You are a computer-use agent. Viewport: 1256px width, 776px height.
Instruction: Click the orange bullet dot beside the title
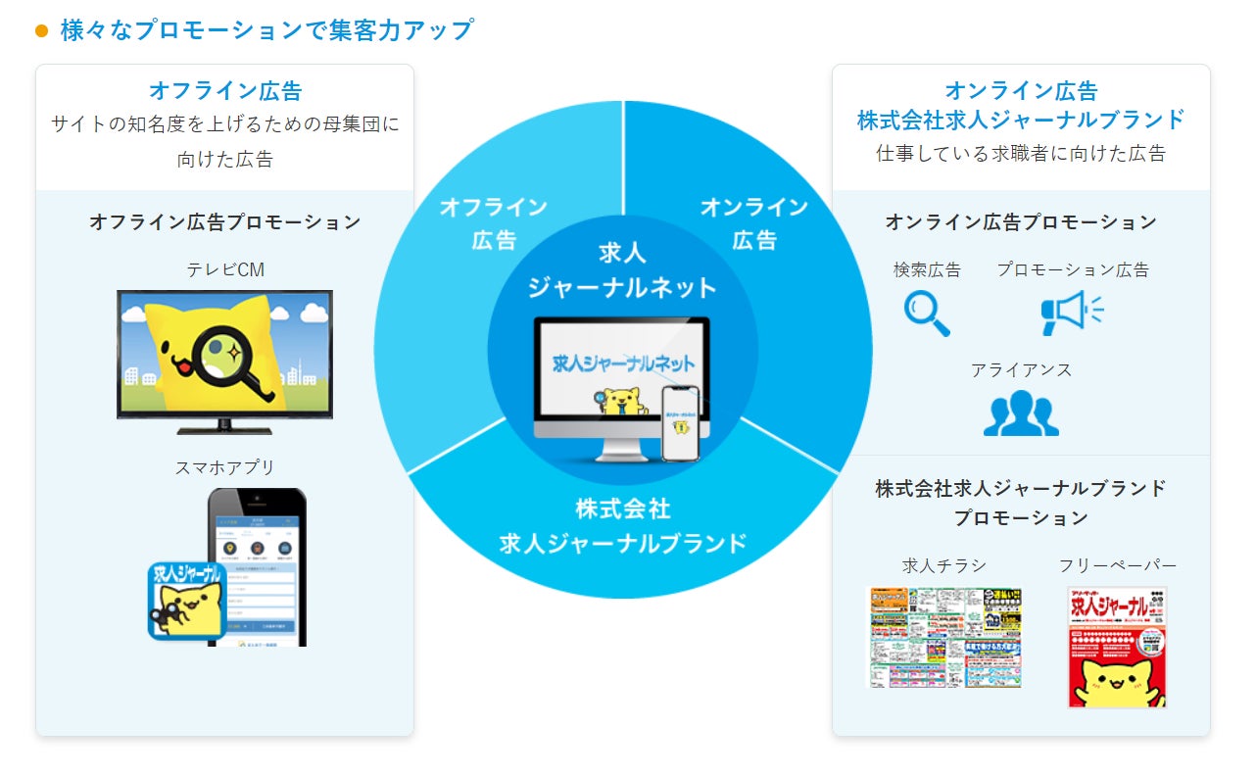click(x=41, y=30)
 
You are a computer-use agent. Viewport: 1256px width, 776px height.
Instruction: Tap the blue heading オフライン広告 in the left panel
click(x=225, y=91)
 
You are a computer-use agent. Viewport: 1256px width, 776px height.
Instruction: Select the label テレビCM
click(x=225, y=269)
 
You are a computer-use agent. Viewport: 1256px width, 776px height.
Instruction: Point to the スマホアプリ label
click(x=225, y=467)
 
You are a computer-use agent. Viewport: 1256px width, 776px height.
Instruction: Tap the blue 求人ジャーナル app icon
click(x=187, y=601)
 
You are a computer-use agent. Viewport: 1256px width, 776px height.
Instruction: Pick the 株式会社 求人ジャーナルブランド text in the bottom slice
click(x=623, y=526)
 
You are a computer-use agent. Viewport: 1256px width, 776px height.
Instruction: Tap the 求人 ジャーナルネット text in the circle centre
click(x=623, y=269)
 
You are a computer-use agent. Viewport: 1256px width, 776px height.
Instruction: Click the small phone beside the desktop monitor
click(x=682, y=422)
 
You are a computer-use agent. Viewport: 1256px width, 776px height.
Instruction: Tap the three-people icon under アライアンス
click(x=1021, y=413)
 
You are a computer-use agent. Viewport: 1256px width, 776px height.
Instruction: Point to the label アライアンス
click(x=1021, y=370)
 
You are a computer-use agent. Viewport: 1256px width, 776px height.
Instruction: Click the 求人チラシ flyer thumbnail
click(x=945, y=637)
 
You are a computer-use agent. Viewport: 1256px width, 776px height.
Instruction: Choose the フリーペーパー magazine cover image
click(x=1117, y=647)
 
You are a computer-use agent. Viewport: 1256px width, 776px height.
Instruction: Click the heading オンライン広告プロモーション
click(x=1021, y=222)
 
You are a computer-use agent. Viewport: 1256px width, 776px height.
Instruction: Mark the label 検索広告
click(x=927, y=269)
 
